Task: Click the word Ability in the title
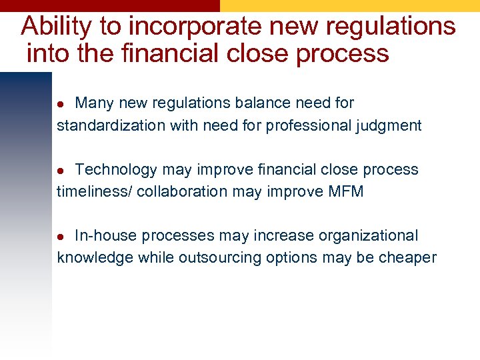tap(57, 27)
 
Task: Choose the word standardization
tap(105, 125)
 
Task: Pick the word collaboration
tap(183, 191)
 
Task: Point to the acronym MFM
tap(346, 191)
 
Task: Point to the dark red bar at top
tap(110, 5)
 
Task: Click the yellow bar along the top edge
tap(350, 5)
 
